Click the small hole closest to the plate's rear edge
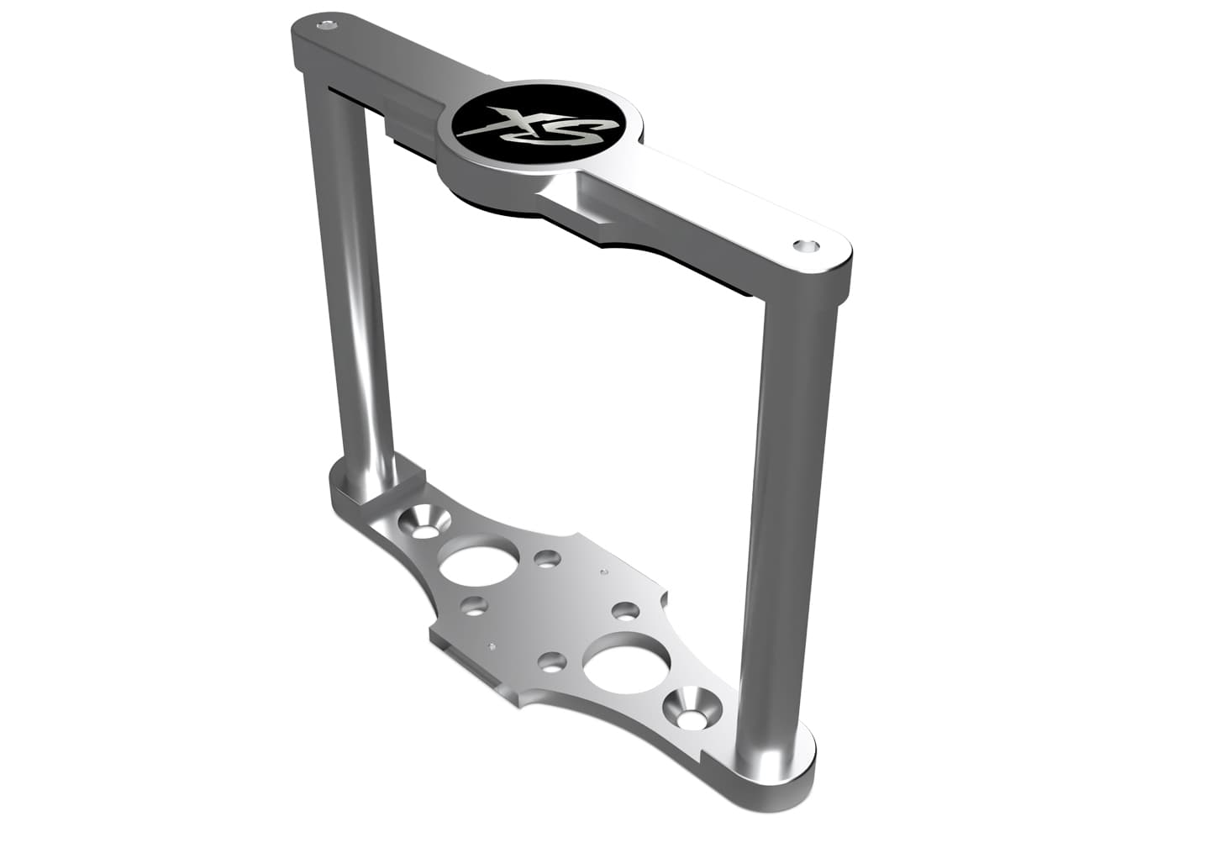(547, 558)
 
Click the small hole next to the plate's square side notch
(624, 610)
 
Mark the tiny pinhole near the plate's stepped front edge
(490, 646)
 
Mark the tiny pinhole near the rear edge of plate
(603, 572)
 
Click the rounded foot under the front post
(777, 761)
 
